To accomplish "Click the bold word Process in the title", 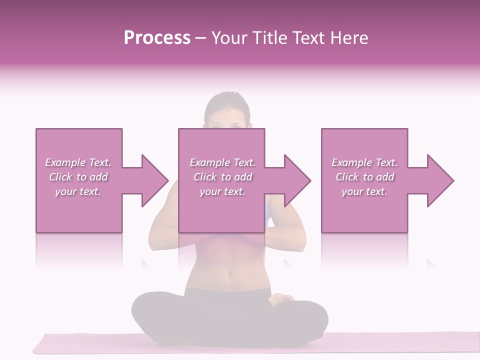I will pos(157,38).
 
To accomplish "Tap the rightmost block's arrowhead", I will pos(439,180).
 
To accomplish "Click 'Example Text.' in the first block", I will pos(78,162).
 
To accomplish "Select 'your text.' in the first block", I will pos(78,191).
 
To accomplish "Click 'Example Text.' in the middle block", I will pos(222,162).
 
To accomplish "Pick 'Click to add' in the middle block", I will pos(222,177).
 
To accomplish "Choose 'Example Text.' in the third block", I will pos(364,162).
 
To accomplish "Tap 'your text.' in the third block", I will pos(364,191).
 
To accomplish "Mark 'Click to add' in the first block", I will pos(78,177).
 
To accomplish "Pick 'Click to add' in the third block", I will pos(364,177).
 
